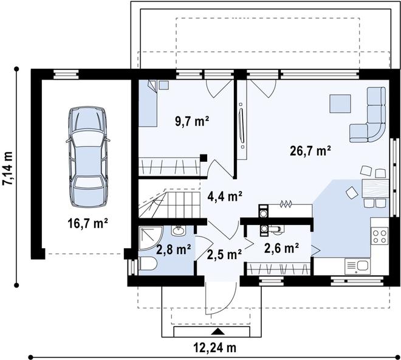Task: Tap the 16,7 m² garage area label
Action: pos(87,223)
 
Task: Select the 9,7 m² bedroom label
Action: pos(192,121)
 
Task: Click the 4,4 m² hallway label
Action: pos(224,196)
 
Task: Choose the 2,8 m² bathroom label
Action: pos(174,248)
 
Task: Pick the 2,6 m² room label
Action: pos(281,248)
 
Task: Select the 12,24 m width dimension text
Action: pos(214,348)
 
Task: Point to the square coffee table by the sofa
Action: pos(340,104)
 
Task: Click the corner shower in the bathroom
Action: pos(149,239)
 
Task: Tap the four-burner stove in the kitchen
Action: pos(380,236)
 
